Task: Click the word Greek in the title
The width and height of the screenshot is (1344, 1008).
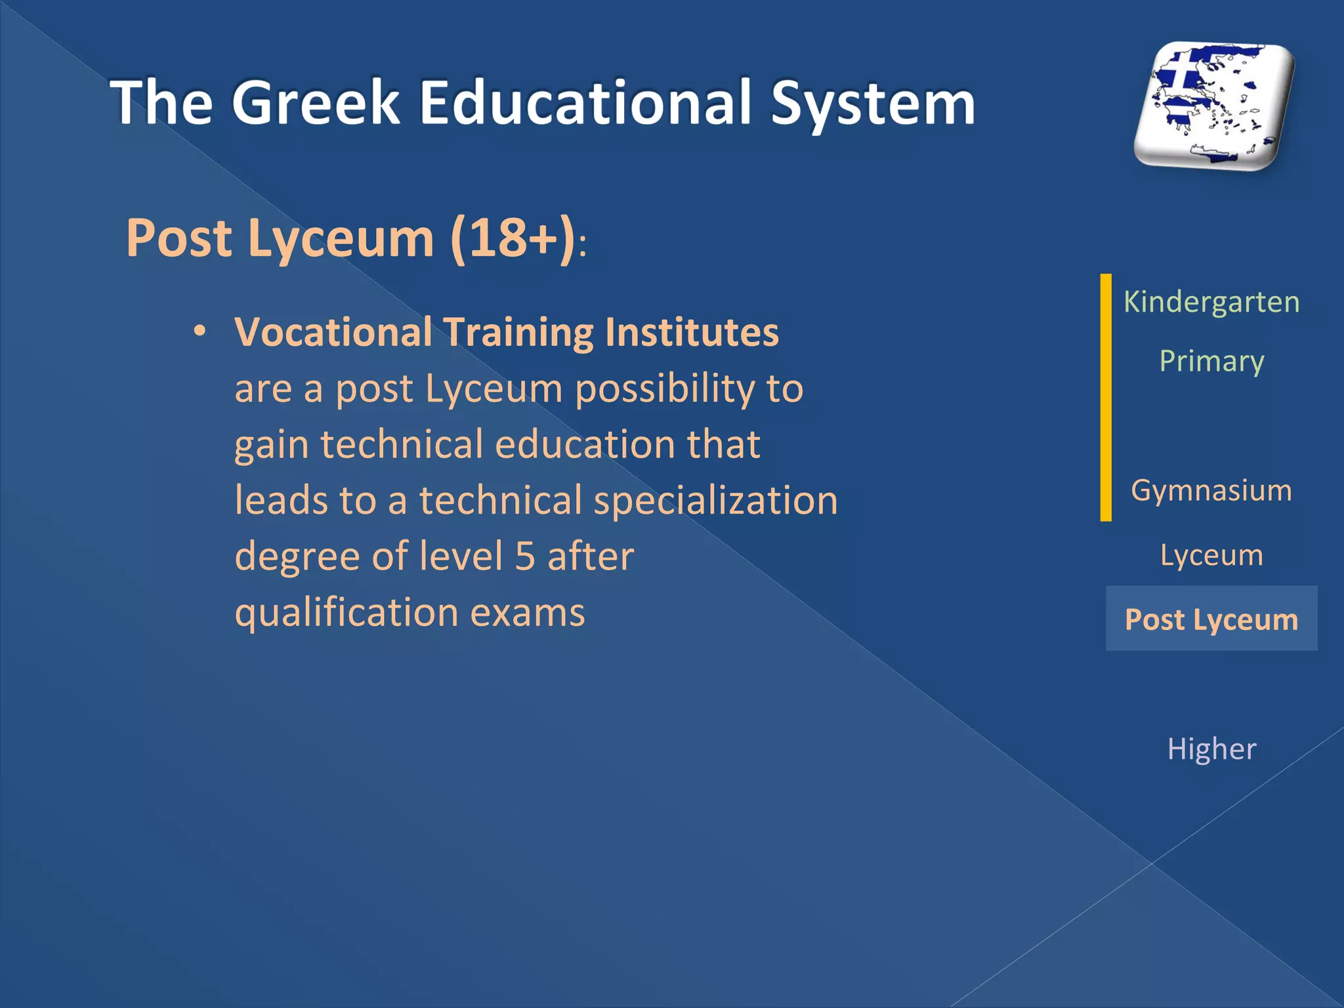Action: click(315, 103)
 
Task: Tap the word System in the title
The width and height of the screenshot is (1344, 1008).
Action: click(873, 103)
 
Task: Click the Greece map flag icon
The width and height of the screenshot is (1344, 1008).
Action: click(1214, 105)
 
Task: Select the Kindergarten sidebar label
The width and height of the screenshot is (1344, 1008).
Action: click(1211, 303)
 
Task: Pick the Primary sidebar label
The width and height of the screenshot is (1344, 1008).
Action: click(1211, 362)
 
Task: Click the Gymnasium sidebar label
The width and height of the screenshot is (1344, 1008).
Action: click(1211, 491)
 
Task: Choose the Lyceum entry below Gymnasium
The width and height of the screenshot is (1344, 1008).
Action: click(1211, 555)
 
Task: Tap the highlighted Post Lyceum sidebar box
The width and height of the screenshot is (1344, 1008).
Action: click(1211, 619)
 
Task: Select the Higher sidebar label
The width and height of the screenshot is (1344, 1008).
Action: click(1211, 749)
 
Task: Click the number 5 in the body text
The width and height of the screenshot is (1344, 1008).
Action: click(525, 556)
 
